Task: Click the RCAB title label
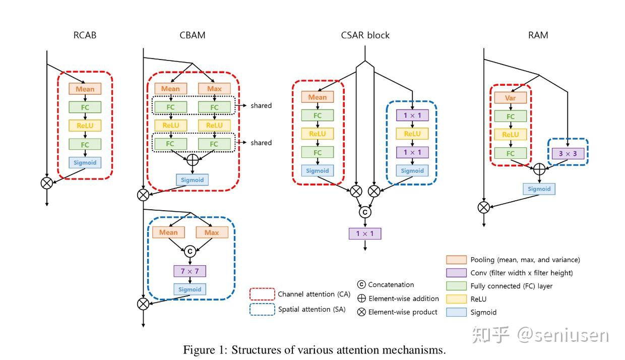click(x=85, y=35)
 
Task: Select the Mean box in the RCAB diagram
click(x=85, y=89)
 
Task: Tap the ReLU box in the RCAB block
click(x=85, y=126)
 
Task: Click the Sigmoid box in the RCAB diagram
click(x=85, y=162)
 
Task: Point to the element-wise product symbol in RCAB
click(x=47, y=183)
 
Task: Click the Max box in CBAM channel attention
click(x=214, y=89)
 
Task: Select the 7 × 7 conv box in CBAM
click(x=190, y=271)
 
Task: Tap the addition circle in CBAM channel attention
click(x=192, y=160)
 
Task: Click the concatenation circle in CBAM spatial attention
click(x=190, y=251)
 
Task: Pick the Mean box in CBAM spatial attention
click(x=168, y=232)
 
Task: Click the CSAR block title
click(x=365, y=35)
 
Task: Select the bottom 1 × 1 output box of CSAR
click(x=365, y=233)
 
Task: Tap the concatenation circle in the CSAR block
click(x=365, y=212)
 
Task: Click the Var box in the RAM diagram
click(x=511, y=98)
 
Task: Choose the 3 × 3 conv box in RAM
click(x=569, y=153)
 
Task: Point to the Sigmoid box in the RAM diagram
click(x=539, y=189)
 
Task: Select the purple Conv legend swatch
click(x=455, y=273)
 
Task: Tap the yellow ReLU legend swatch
click(x=455, y=299)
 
